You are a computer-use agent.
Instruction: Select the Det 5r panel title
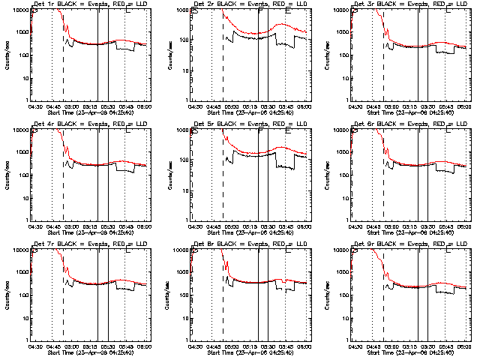pos(250,124)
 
